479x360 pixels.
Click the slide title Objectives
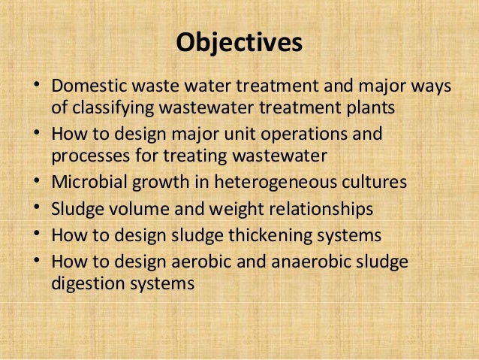pyautogui.click(x=239, y=43)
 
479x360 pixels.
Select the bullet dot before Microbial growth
pyautogui.click(x=37, y=183)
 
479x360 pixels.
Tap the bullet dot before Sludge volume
pyautogui.click(x=37, y=209)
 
